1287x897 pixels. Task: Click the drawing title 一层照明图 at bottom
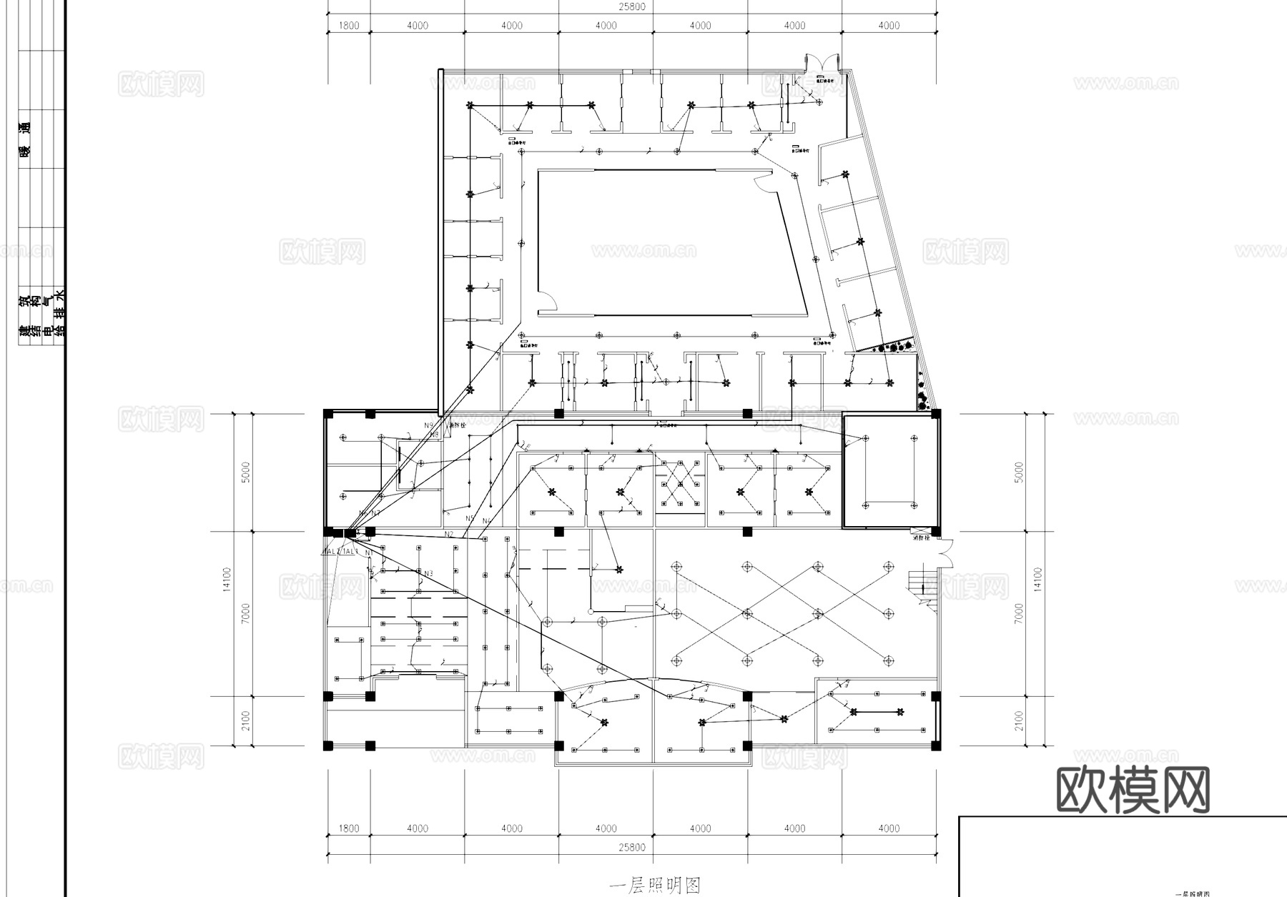point(654,886)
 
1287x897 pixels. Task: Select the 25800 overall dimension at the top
point(631,6)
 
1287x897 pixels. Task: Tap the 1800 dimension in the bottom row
point(348,828)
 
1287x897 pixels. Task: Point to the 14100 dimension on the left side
point(227,579)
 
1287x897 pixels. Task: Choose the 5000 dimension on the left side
point(246,472)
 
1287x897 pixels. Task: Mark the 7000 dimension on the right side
point(1019,613)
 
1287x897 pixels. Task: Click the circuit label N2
point(449,534)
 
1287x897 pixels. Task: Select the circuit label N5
point(470,518)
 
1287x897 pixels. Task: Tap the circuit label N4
point(487,521)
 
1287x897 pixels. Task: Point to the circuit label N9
point(428,425)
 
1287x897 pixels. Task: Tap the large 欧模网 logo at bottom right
point(1133,790)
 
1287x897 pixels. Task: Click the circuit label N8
point(434,434)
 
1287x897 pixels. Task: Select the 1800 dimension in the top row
point(348,26)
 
